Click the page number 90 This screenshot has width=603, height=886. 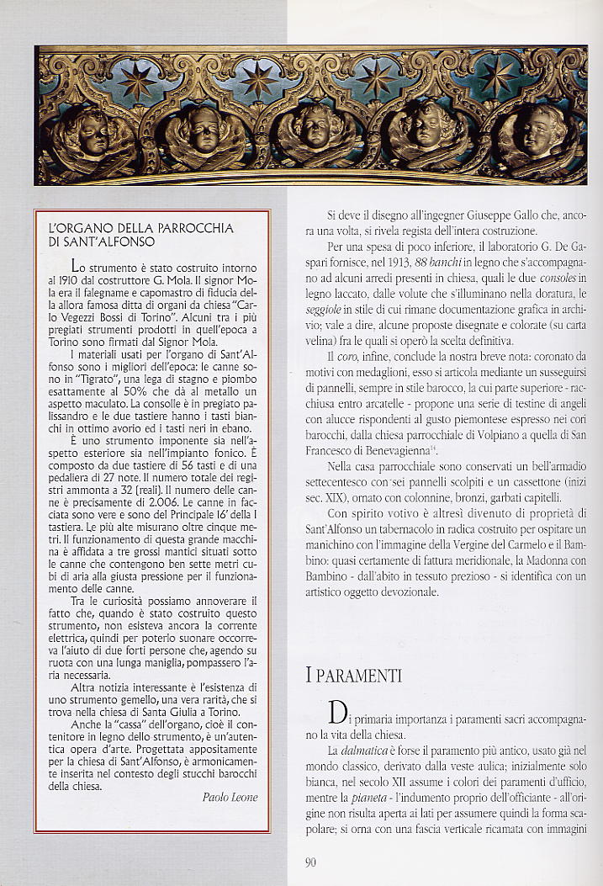[310, 860]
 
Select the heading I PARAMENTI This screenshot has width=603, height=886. [353, 674]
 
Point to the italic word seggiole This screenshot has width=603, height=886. [324, 309]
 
